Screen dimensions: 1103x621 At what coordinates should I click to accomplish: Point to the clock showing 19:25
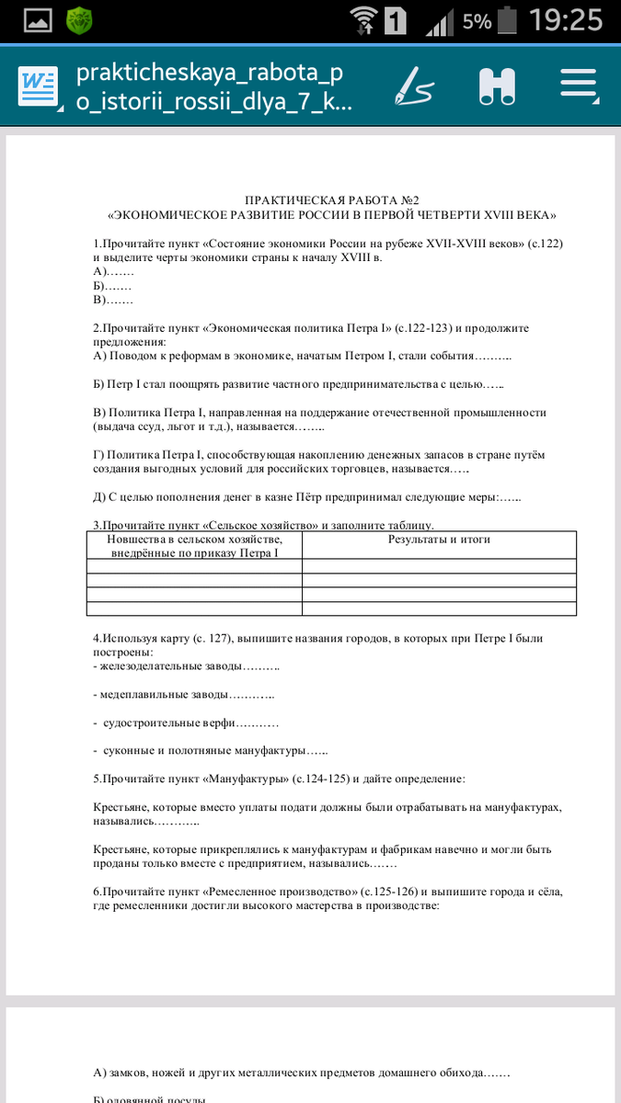coord(568,20)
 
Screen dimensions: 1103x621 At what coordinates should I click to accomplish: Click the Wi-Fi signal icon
coord(364,20)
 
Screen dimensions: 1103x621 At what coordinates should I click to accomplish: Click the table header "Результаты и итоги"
coord(439,540)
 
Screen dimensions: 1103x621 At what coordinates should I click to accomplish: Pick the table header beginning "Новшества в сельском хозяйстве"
coord(194,546)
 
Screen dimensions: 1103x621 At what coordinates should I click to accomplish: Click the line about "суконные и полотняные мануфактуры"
coord(211,751)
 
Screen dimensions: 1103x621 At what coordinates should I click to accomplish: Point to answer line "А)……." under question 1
coord(114,271)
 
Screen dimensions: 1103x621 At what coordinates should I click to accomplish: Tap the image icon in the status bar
coord(37,20)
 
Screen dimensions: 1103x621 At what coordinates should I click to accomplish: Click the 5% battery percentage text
coord(477,21)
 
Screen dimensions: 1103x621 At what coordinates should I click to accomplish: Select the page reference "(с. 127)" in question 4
coord(213,638)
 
